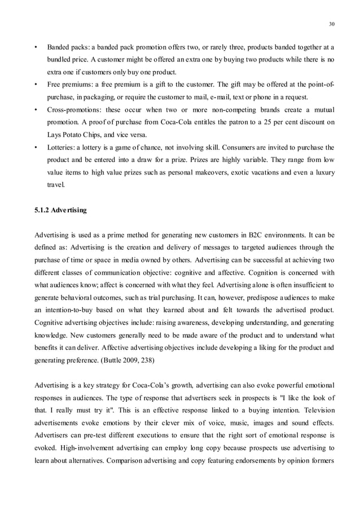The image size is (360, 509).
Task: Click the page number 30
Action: point(331,24)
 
